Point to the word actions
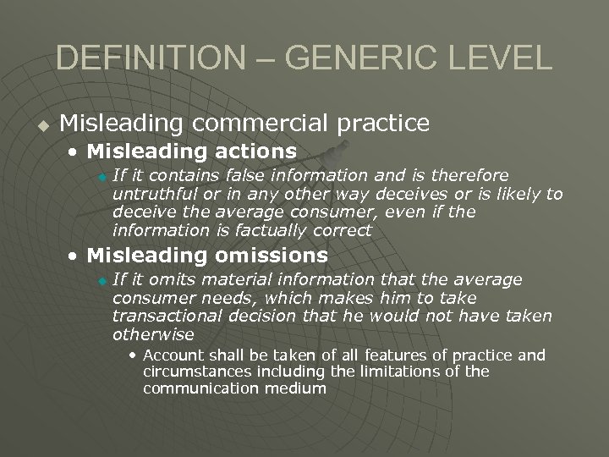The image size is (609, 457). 251,152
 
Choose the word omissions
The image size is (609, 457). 272,255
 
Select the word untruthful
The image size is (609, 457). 151,194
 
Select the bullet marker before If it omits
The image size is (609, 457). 102,281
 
